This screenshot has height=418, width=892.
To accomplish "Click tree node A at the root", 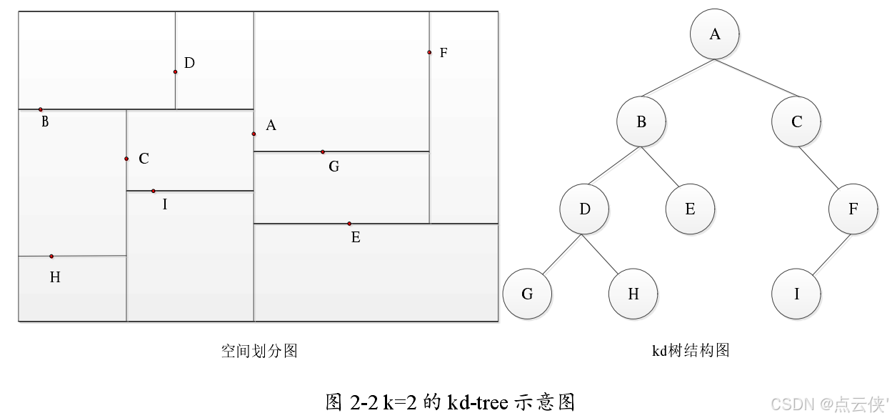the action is tap(715, 34).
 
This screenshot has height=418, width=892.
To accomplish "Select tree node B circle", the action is tap(641, 122).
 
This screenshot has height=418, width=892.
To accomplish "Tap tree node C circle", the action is tap(796, 122).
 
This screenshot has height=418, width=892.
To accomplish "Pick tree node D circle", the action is tap(585, 209).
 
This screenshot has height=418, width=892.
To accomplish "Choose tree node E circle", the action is tap(690, 209).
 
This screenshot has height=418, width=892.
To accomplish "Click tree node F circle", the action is tap(853, 209).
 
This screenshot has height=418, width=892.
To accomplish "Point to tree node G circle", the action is tap(527, 294).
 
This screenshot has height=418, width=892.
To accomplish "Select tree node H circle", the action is tap(633, 294).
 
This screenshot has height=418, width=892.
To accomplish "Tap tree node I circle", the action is tap(796, 294).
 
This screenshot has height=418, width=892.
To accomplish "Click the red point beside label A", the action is tap(254, 134).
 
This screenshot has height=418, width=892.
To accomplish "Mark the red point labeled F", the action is tap(429, 52).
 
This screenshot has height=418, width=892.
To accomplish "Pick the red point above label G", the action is tap(322, 151).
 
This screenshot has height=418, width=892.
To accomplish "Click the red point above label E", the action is tap(349, 224).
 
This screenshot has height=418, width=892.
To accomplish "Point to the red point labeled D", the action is tap(175, 71).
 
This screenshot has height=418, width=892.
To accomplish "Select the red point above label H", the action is tap(51, 256).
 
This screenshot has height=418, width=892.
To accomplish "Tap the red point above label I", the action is tap(153, 191).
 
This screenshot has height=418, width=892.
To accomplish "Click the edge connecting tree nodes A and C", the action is tap(757, 79).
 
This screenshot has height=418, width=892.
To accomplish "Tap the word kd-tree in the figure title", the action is tap(478, 402).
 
